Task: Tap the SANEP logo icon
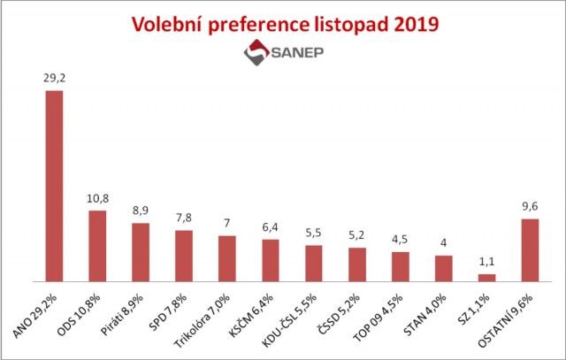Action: pos(256,54)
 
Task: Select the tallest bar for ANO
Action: pos(54,186)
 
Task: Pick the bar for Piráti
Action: pos(141,252)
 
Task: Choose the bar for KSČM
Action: pos(271,260)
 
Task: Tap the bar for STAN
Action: pos(444,268)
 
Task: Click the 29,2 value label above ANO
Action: pos(54,78)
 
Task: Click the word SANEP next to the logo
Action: pos(298,54)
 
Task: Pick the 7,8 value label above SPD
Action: pos(184,217)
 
